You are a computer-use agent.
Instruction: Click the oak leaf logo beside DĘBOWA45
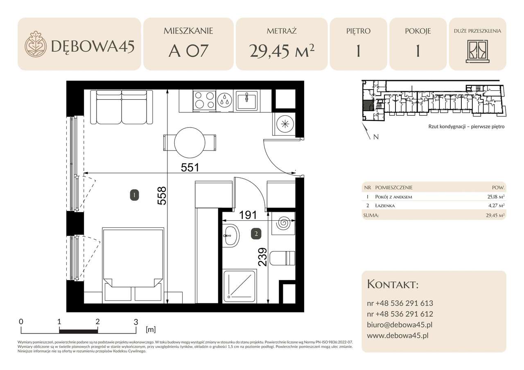coord(35,44)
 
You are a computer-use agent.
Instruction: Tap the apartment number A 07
coord(188,51)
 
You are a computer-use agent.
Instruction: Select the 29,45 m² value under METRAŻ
coord(282,51)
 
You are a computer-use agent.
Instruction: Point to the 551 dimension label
coord(190,168)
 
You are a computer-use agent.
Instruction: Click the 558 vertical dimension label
coord(162,196)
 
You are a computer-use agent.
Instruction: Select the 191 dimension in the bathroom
coord(248,215)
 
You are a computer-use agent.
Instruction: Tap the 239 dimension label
coord(262,257)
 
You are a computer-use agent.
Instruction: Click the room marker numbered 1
coord(134,195)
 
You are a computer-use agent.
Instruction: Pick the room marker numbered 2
coord(256,233)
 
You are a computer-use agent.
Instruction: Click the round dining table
coord(190,143)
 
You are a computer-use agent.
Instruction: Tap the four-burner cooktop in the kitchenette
coord(204,100)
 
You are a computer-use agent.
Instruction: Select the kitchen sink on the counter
coord(246,101)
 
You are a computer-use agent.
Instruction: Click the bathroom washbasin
coord(230,235)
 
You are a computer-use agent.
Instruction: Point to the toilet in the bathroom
coord(282,258)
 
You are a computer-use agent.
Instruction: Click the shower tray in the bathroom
coord(239,287)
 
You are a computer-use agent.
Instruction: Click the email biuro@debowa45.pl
coord(400,325)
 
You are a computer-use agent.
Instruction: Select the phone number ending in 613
coord(400,303)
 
